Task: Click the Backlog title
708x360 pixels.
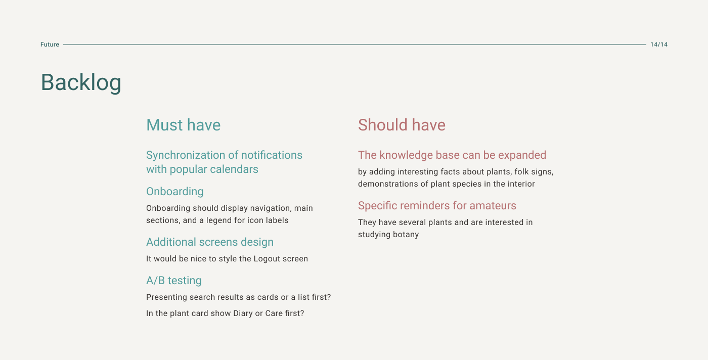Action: pyautogui.click(x=81, y=82)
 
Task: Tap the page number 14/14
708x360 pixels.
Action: pyautogui.click(x=658, y=44)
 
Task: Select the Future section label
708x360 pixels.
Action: pyautogui.click(x=50, y=44)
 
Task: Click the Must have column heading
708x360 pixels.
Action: pyautogui.click(x=183, y=125)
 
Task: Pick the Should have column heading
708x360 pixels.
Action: pyautogui.click(x=402, y=125)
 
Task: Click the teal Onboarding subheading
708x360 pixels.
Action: pyautogui.click(x=175, y=192)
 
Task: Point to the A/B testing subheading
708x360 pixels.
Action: pyautogui.click(x=174, y=280)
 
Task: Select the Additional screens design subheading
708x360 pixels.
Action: pyautogui.click(x=210, y=242)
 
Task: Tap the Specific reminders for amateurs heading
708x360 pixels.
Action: pyautogui.click(x=437, y=206)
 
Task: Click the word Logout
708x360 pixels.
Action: pyautogui.click(x=267, y=259)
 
